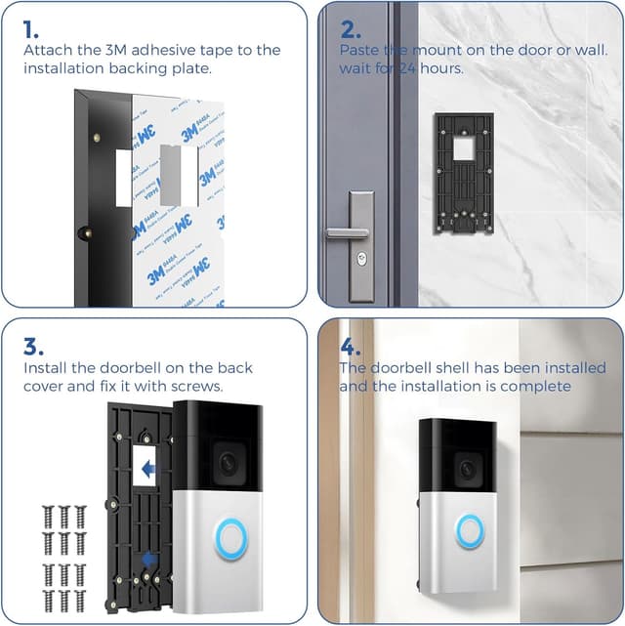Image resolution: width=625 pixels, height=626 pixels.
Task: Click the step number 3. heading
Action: tap(32, 345)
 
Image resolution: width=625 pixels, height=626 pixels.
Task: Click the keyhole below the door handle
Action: tap(362, 262)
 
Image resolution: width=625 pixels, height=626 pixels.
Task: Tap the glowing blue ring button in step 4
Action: tap(470, 530)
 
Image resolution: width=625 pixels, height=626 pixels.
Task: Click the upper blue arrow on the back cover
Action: tap(147, 470)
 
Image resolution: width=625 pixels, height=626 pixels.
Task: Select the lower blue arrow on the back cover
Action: tap(146, 559)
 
